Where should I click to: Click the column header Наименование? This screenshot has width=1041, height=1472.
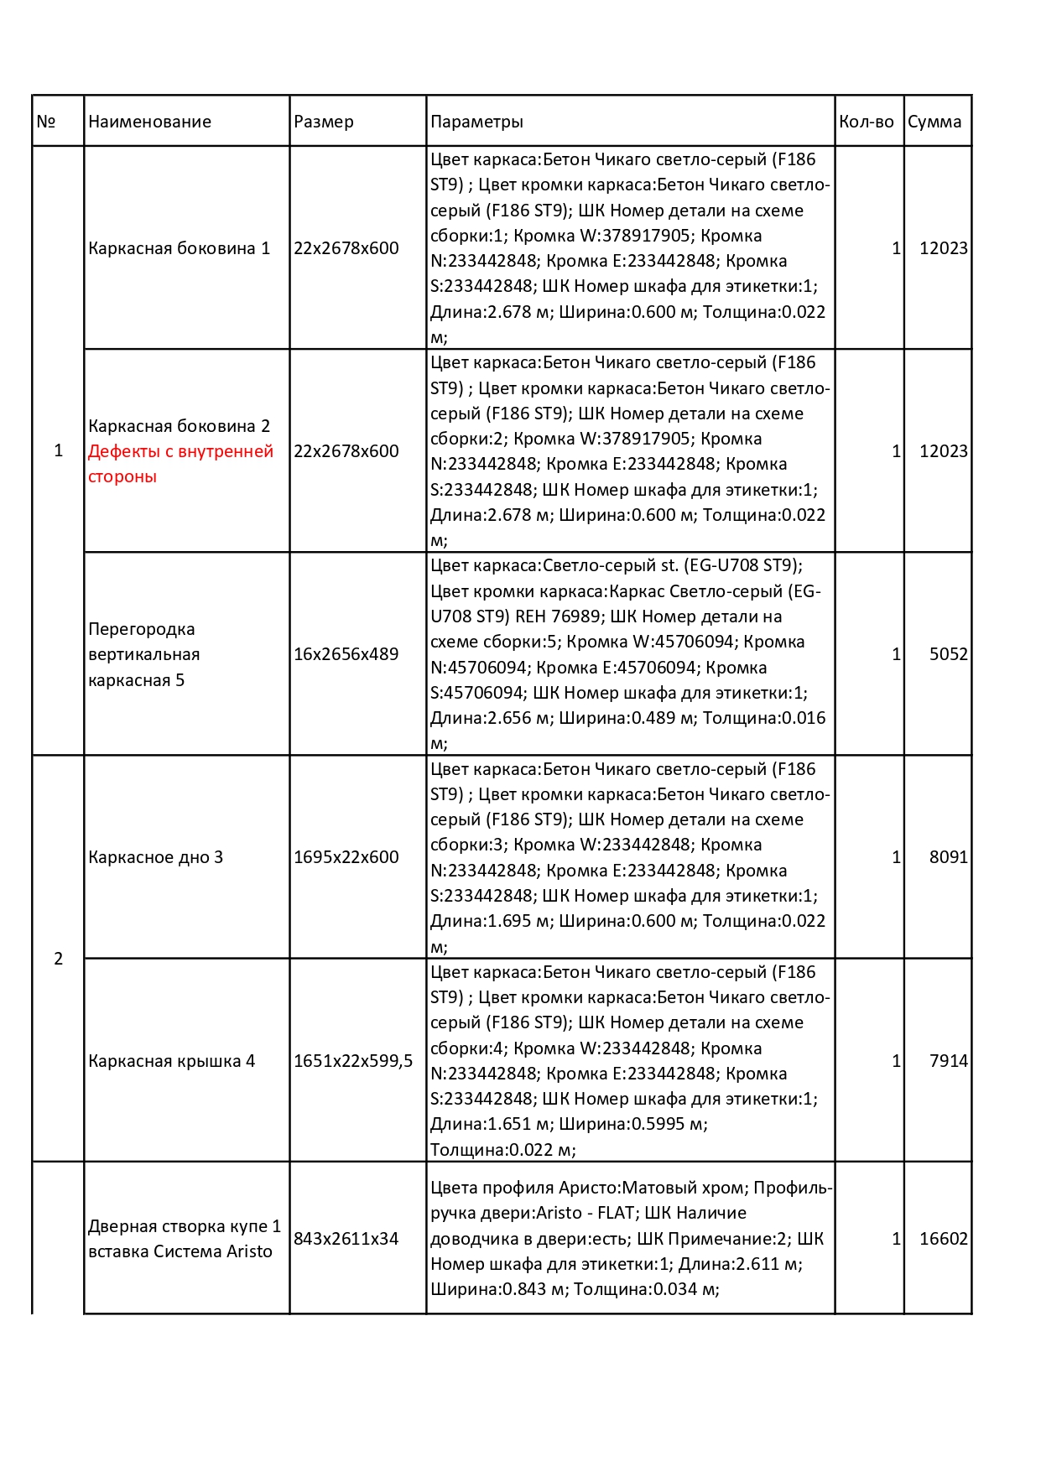click(149, 122)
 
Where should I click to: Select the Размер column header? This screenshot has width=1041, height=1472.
click(324, 122)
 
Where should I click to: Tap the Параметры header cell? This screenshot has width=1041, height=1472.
click(476, 122)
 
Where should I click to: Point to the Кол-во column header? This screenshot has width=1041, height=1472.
click(867, 122)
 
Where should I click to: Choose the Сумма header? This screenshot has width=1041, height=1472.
click(934, 122)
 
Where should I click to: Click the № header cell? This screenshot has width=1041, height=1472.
click(46, 122)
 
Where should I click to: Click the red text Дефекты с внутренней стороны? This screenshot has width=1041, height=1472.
click(180, 464)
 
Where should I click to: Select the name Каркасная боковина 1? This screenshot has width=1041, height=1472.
click(179, 248)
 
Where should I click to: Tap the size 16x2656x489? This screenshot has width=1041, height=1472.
click(346, 654)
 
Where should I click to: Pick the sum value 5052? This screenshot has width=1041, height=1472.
click(948, 654)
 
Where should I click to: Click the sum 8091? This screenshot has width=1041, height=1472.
click(948, 857)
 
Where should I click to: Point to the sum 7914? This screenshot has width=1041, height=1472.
click(948, 1061)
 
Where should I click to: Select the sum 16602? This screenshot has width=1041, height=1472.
click(943, 1239)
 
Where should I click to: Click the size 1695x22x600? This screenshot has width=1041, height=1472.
click(346, 857)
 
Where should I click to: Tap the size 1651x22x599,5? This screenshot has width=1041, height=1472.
click(353, 1061)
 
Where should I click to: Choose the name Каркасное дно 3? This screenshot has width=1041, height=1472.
click(155, 857)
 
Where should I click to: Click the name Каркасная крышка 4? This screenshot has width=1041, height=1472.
click(171, 1061)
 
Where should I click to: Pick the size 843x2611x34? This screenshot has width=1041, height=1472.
click(346, 1239)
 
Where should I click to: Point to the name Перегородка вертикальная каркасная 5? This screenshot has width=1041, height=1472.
click(143, 654)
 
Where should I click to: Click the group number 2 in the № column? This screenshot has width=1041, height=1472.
click(58, 959)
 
